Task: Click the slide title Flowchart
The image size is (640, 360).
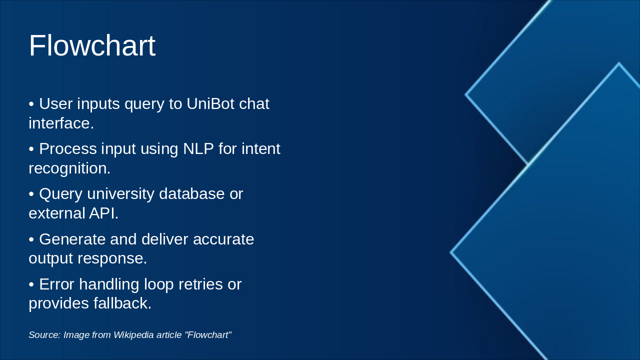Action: [x=92, y=45]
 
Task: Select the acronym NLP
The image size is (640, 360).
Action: [x=198, y=148]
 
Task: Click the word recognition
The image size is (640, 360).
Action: [x=69, y=168]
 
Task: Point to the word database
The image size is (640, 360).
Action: [x=191, y=193]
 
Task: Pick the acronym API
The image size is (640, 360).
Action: [x=103, y=213]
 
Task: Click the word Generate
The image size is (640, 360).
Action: [x=72, y=239]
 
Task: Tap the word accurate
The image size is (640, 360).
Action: [x=223, y=239]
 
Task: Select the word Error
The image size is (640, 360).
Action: [x=56, y=284]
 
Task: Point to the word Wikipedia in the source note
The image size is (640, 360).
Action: [x=133, y=335]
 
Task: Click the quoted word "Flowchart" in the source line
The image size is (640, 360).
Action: [x=208, y=335]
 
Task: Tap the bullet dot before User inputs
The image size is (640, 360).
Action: [x=31, y=104]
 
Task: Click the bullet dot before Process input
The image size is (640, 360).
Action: [x=31, y=149]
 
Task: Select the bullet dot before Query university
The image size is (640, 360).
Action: [x=31, y=194]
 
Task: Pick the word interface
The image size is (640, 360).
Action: [x=61, y=123]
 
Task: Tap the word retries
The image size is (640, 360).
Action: [x=200, y=284]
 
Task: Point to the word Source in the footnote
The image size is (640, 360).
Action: [x=44, y=335]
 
